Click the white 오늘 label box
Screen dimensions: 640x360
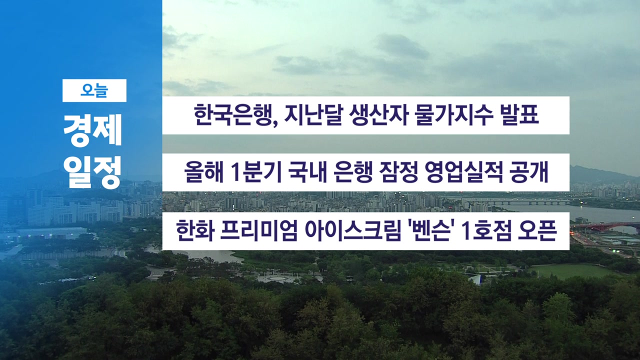coord(94,90)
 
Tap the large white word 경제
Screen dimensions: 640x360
coord(92,130)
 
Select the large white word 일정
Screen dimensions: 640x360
coord(92,172)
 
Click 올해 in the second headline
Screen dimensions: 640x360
coord(203,172)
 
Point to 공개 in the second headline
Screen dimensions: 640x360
coord(529,172)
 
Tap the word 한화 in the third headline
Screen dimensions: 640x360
coord(195,230)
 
